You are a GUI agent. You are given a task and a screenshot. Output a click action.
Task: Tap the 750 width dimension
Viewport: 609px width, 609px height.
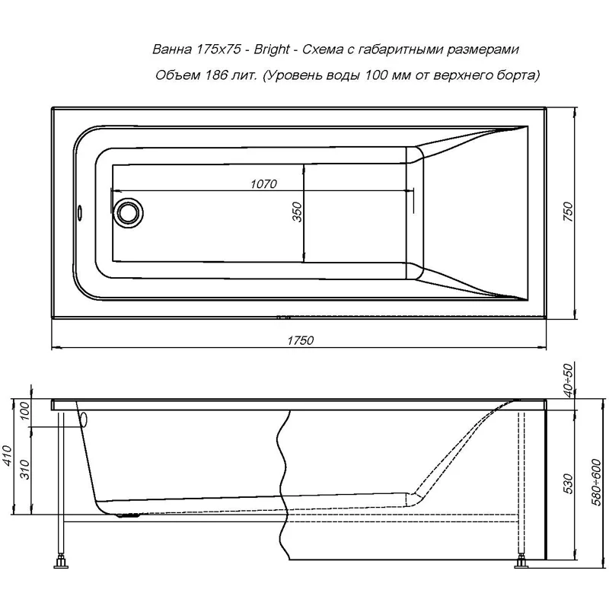[x=566, y=212]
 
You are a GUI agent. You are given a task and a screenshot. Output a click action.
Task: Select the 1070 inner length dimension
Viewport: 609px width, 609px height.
[x=263, y=183]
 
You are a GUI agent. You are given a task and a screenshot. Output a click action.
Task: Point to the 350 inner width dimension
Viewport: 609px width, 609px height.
[x=298, y=211]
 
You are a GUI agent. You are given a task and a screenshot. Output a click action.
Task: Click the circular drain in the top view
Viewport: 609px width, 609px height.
[x=127, y=212]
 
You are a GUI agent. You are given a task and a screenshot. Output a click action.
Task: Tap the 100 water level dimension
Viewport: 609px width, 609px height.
[x=24, y=413]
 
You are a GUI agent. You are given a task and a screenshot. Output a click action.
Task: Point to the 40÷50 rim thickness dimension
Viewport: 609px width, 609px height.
[x=567, y=378]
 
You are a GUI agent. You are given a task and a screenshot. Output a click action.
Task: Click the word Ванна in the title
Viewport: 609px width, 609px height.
[x=171, y=50]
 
